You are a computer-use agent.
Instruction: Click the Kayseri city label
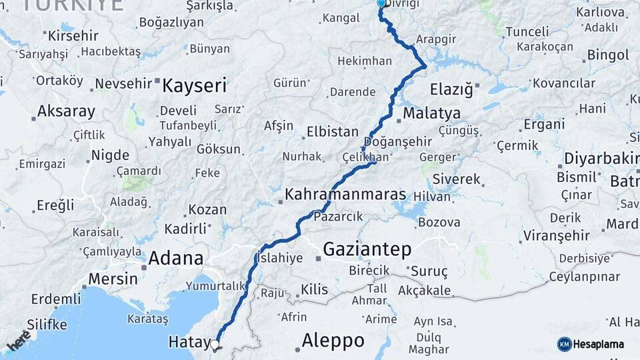pos(195,85)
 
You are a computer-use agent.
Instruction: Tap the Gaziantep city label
pos(367,249)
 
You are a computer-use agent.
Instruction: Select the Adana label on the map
pos(176,257)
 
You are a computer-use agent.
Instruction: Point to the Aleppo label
pos(333,341)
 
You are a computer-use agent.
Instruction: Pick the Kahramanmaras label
pos(345,195)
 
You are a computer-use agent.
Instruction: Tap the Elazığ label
pos(451,89)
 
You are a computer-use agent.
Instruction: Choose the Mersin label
pos(113,278)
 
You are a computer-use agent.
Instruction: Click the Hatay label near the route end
pos(189,341)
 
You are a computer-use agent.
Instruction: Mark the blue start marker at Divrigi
pos(381,3)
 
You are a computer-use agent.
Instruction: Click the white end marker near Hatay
pos(215,345)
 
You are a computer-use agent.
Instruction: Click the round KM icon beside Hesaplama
pos(564,344)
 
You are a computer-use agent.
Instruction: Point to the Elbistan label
pos(333,131)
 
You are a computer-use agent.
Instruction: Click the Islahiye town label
pos(280,257)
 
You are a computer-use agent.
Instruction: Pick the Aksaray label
pos(66,111)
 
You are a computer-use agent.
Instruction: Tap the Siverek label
pos(456,179)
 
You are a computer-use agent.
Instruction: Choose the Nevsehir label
pos(124,84)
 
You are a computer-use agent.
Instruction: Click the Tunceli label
pos(527,31)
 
